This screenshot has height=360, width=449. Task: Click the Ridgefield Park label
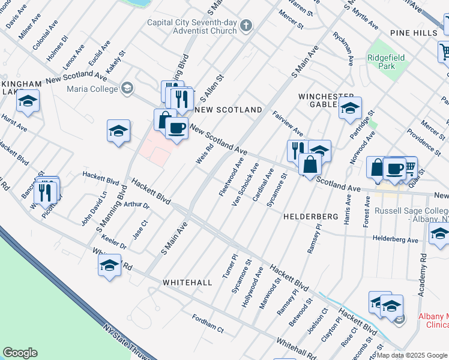[386, 61]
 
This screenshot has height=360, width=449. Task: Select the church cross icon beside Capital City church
[246, 25]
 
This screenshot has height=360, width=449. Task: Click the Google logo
[20, 352]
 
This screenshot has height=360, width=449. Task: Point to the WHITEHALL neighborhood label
[187, 282]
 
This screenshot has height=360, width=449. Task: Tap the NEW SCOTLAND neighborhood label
[228, 110]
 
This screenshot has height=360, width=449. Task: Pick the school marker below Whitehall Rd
[109, 266]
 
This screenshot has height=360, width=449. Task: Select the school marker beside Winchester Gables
[350, 109]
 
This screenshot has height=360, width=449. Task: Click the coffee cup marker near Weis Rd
[176, 128]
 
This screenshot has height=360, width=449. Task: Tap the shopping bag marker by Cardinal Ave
[309, 165]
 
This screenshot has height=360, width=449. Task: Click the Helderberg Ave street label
[396, 239]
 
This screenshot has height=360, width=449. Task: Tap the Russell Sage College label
[411, 215]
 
